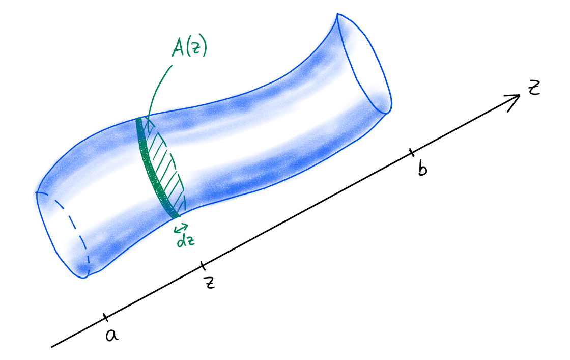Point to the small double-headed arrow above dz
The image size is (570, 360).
tap(181, 228)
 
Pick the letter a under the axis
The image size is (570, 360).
tap(111, 335)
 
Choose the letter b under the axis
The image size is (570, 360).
tap(422, 169)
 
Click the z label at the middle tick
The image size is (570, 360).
tap(209, 282)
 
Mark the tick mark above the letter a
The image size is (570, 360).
tap(105, 317)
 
